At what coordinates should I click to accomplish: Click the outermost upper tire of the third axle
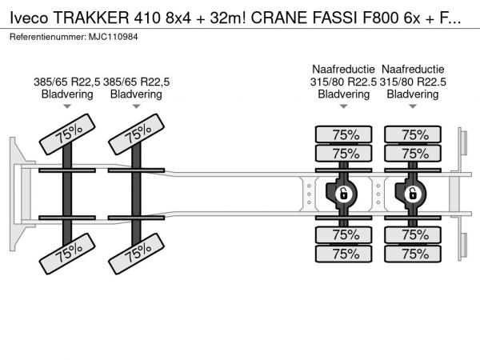tap(344, 134)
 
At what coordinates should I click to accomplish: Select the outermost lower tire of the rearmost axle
tap(414, 254)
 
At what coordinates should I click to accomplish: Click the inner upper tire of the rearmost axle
tap(414, 154)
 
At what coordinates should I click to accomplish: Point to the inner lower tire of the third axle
tap(344, 234)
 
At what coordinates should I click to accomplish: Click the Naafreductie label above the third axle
tap(344, 70)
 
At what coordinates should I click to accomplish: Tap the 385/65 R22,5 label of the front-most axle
tap(67, 82)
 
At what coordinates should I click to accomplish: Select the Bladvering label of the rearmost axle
tap(413, 94)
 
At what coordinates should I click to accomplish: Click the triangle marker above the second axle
tap(136, 106)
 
